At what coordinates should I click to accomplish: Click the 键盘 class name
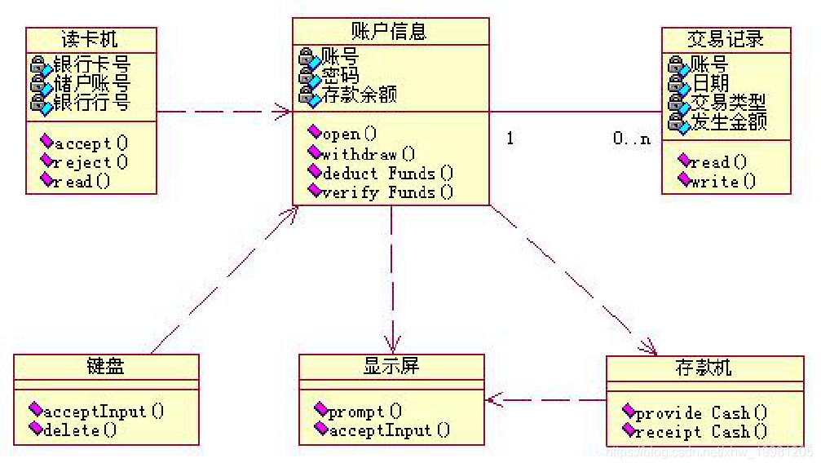[x=106, y=367]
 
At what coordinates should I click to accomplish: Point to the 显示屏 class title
[x=391, y=366]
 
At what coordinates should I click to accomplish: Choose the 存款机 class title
[x=704, y=368]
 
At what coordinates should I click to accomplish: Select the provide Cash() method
[x=701, y=412]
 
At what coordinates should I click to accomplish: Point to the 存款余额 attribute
[x=359, y=95]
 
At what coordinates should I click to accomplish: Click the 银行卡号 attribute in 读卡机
[x=90, y=64]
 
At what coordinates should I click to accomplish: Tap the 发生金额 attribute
[x=728, y=123]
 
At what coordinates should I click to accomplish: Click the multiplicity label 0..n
[x=632, y=139]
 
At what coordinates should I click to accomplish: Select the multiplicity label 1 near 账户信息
[x=510, y=139]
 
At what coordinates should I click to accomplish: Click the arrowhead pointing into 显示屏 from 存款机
[x=492, y=399]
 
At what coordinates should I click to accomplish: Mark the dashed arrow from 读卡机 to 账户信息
[x=224, y=111]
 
